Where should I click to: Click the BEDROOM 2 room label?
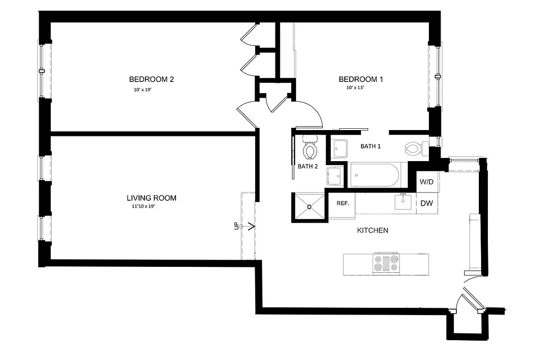point(151,80)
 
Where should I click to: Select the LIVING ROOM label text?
point(151,198)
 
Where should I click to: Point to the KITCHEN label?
point(372,230)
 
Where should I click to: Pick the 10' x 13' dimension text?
point(355,88)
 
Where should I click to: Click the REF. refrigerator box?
point(343,203)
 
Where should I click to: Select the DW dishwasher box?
point(427,203)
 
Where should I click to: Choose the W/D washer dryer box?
point(427,182)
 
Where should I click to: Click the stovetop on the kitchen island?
point(386,264)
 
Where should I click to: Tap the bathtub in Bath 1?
point(374,175)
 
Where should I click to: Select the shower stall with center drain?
point(310,207)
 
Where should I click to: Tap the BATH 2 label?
point(308,166)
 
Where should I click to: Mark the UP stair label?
point(236,226)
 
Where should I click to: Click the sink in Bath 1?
point(340,148)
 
